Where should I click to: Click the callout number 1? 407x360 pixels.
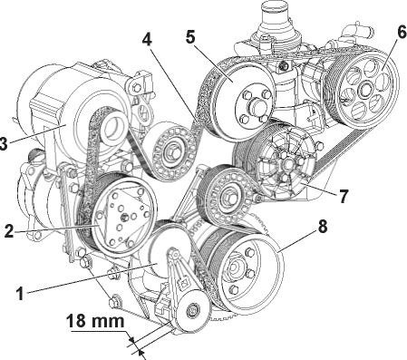click(20, 294)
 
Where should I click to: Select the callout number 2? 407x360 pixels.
click(9, 230)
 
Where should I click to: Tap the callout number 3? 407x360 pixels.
click(3, 143)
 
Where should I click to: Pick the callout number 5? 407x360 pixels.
click(190, 36)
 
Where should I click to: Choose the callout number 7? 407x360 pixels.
click(344, 196)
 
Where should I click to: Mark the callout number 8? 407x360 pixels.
click(323, 226)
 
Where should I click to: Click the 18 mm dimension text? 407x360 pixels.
click(95, 321)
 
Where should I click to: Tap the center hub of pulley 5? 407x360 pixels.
click(256, 106)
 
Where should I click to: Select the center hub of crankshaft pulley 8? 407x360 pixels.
click(234, 268)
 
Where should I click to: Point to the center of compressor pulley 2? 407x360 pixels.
click(124, 217)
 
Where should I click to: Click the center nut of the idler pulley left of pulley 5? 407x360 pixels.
click(171, 153)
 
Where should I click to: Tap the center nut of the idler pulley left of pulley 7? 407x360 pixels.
click(228, 198)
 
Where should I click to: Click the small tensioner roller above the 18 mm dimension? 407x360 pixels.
click(192, 310)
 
